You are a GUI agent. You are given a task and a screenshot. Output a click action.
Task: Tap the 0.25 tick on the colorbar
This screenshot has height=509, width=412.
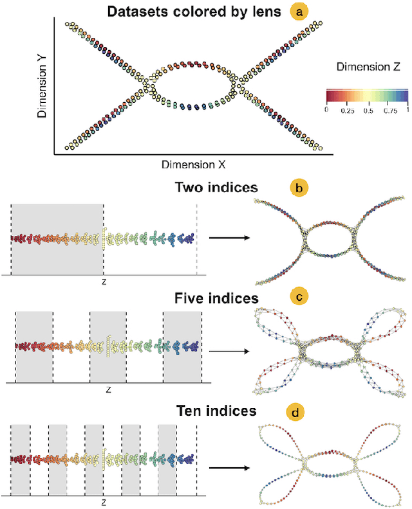(x=348, y=110)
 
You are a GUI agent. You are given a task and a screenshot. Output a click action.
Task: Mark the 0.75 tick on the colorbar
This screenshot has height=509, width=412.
(x=389, y=110)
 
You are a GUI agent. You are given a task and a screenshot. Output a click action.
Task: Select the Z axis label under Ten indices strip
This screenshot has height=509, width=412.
(x=104, y=501)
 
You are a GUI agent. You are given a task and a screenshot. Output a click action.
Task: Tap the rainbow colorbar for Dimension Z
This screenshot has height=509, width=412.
(x=368, y=96)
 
